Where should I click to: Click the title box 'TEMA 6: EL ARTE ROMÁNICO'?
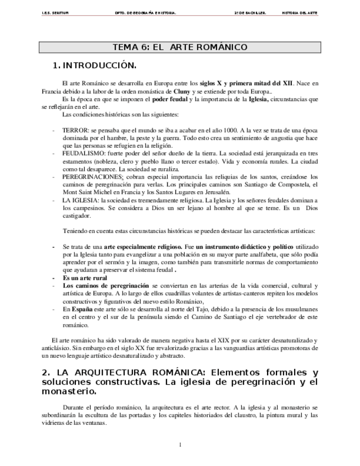(180, 47)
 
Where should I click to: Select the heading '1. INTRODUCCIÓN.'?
(93, 66)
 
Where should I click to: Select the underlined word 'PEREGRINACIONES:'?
(93, 177)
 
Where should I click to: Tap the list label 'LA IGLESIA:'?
(79, 201)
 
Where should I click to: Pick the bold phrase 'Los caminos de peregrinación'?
(106, 286)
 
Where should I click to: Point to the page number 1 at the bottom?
(180, 444)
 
